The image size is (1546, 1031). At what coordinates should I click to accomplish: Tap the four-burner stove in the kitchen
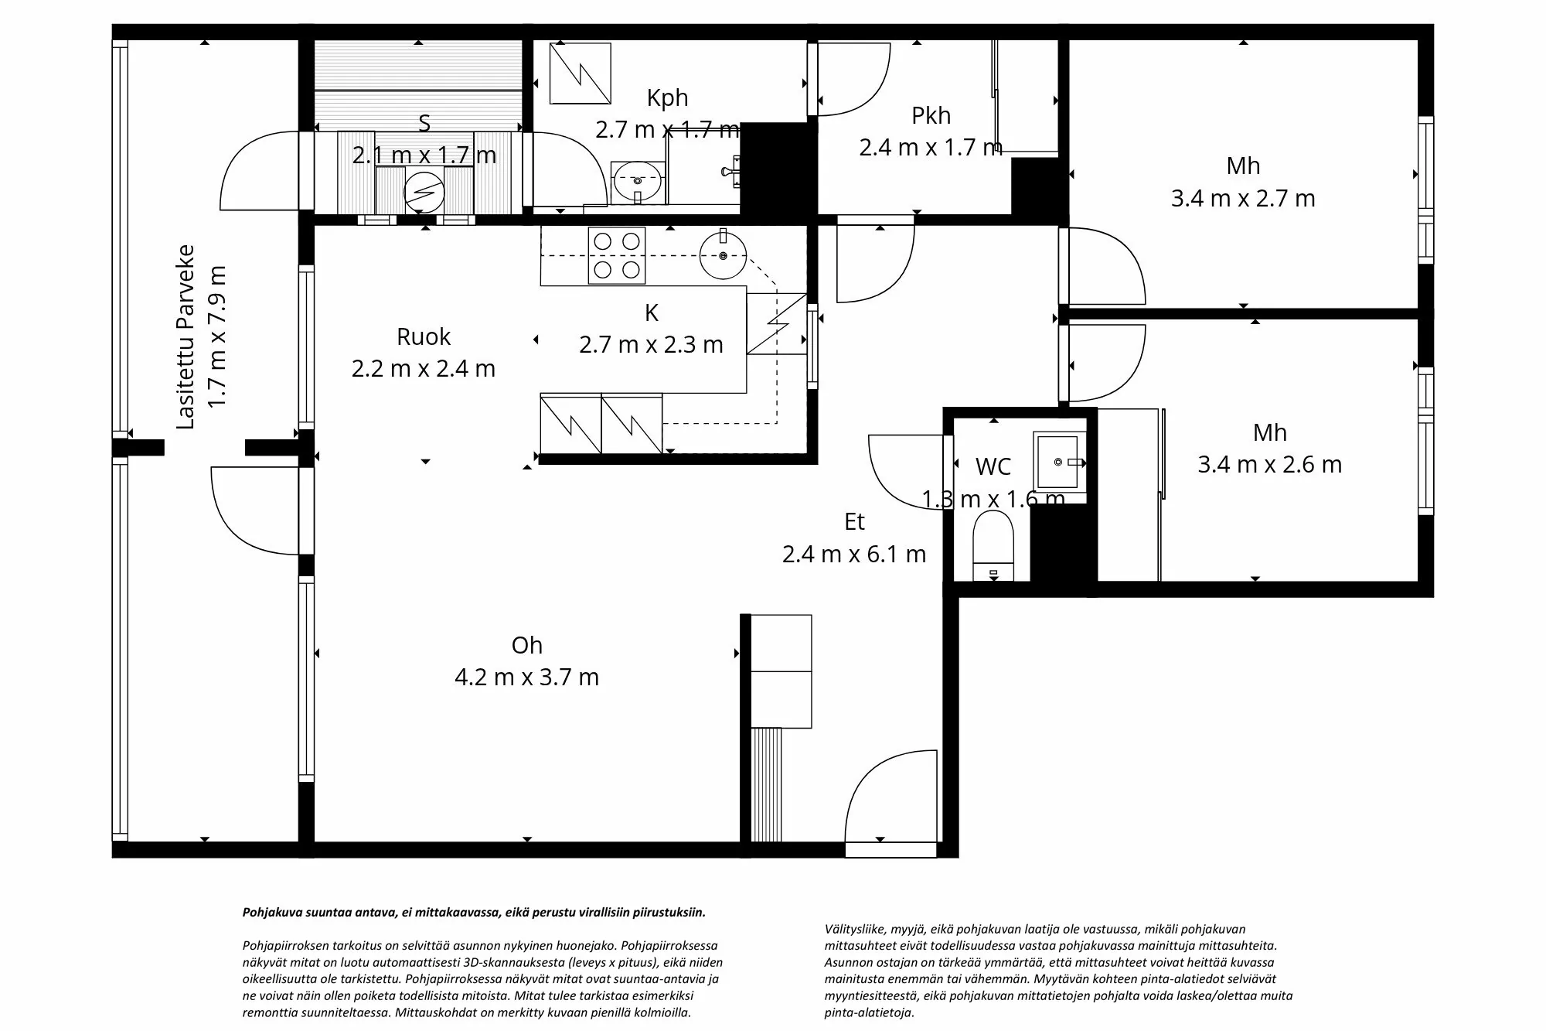pyautogui.click(x=617, y=255)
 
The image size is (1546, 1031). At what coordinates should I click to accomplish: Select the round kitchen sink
pyautogui.click(x=724, y=255)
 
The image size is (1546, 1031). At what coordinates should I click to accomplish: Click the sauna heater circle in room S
pyautogui.click(x=424, y=190)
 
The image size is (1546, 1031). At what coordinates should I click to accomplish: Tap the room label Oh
pyautogui.click(x=526, y=645)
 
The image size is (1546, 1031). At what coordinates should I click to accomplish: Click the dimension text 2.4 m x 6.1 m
pyautogui.click(x=853, y=554)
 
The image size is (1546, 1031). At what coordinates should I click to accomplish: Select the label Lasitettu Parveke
pyautogui.click(x=186, y=336)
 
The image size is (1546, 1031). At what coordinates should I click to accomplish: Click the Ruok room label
pyautogui.click(x=423, y=336)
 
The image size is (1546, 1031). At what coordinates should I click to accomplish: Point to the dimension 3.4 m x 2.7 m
pyautogui.click(x=1242, y=199)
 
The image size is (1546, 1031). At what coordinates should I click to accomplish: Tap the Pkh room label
pyautogui.click(x=931, y=115)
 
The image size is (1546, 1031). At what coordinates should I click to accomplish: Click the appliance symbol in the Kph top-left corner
pyautogui.click(x=580, y=73)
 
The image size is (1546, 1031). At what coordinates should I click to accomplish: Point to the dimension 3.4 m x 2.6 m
pyautogui.click(x=1269, y=465)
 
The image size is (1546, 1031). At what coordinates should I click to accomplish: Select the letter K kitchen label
pyautogui.click(x=651, y=312)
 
